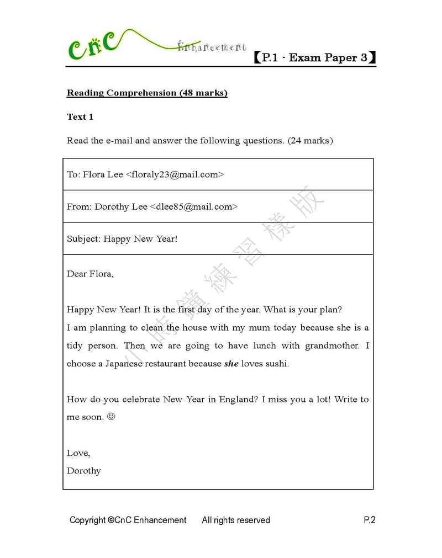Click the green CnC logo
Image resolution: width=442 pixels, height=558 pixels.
coord(92,47)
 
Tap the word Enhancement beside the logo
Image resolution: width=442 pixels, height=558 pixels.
coord(212,47)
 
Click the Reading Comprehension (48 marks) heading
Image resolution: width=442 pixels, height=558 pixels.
coord(147,93)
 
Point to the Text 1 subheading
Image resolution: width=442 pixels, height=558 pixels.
coord(80,116)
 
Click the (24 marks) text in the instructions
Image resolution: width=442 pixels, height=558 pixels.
coord(310,140)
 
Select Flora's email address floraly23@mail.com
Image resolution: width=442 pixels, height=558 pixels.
coord(175,174)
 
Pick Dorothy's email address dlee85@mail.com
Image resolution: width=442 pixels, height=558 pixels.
coord(193,206)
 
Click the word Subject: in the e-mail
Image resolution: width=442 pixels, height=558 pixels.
coord(83,239)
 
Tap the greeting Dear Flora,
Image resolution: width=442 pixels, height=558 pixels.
coord(90,274)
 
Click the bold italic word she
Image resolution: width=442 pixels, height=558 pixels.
coord(231,364)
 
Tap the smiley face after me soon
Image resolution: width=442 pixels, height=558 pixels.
coord(111,417)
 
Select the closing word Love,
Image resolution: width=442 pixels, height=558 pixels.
coord(78,453)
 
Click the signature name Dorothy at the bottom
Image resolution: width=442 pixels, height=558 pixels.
coord(84,471)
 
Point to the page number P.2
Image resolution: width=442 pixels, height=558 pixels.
coord(369,520)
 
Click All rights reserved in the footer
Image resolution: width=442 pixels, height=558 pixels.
coord(236,520)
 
